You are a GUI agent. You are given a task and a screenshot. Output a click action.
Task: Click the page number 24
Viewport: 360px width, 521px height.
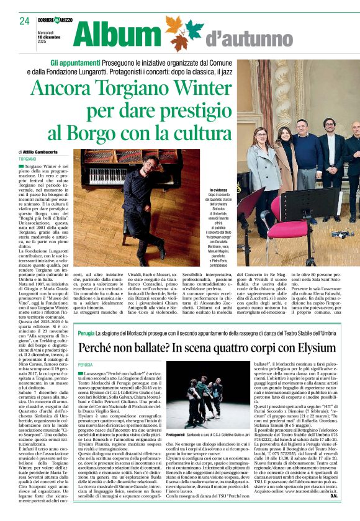pos(24,20)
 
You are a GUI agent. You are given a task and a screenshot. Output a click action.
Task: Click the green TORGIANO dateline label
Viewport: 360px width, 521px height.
pos(28,159)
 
